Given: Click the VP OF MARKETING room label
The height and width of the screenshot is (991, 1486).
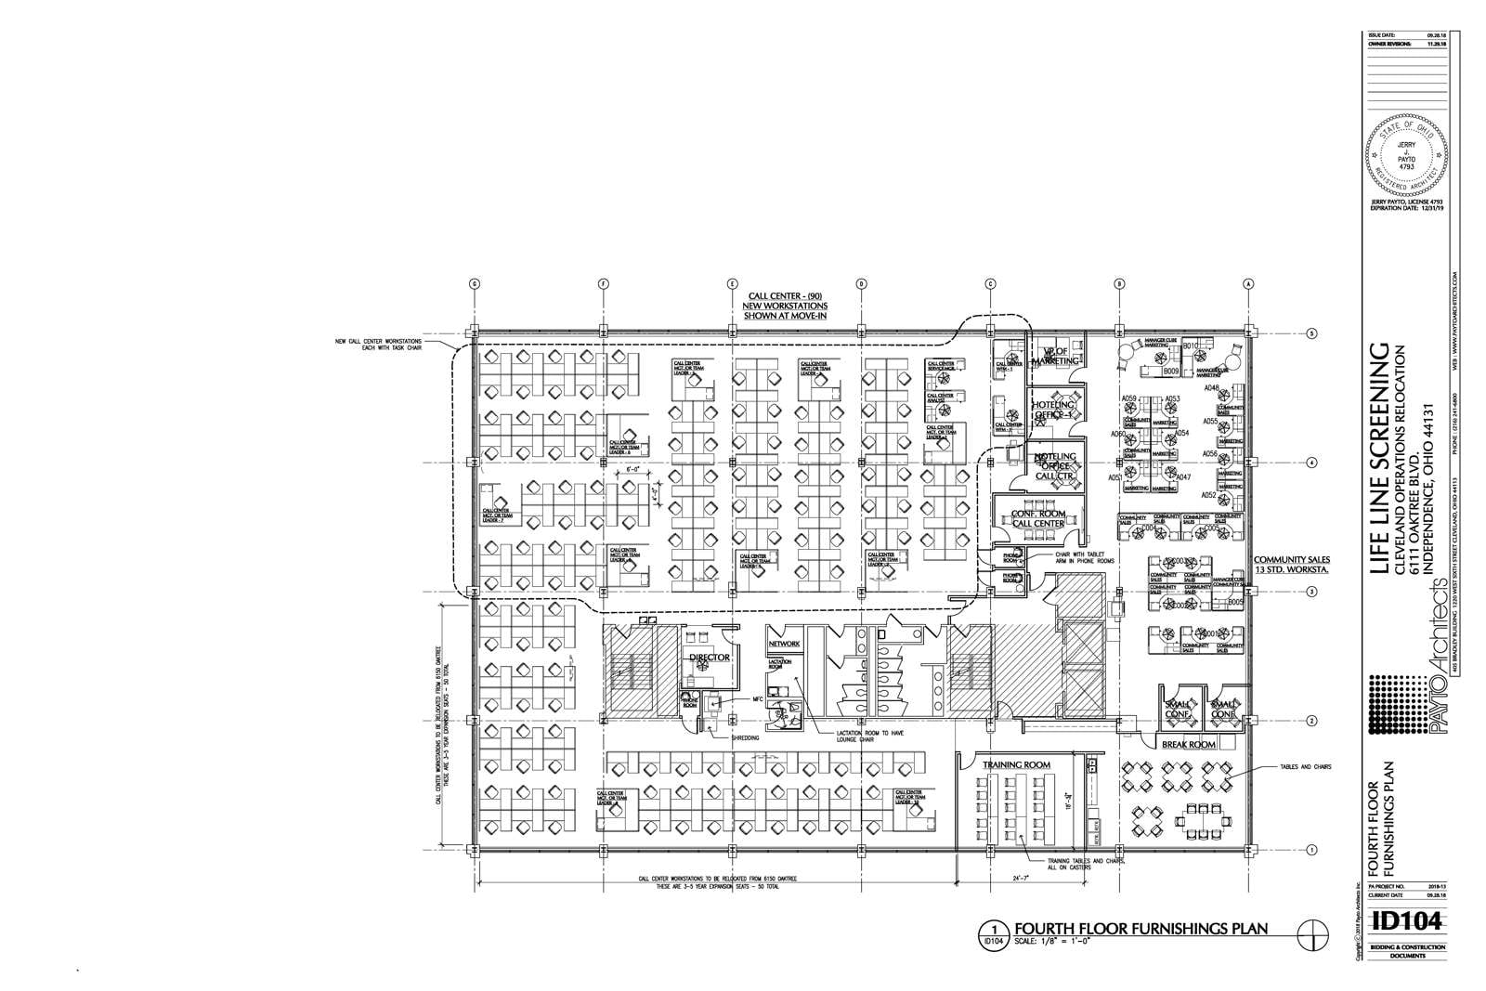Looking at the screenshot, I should point(1056,356).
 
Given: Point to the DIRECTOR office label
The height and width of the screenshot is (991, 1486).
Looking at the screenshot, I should point(710,658).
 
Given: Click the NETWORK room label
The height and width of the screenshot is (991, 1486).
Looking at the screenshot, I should point(784,644).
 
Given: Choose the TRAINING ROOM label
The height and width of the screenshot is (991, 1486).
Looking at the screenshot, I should point(1017,764).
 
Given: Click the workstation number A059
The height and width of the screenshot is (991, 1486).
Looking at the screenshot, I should point(1129,399).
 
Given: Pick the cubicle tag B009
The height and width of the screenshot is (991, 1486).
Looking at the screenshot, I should point(1171,372).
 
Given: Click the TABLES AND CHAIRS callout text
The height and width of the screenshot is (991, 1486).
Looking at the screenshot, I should point(1305,767).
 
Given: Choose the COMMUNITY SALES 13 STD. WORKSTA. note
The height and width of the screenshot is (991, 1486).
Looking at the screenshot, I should point(1292,565).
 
